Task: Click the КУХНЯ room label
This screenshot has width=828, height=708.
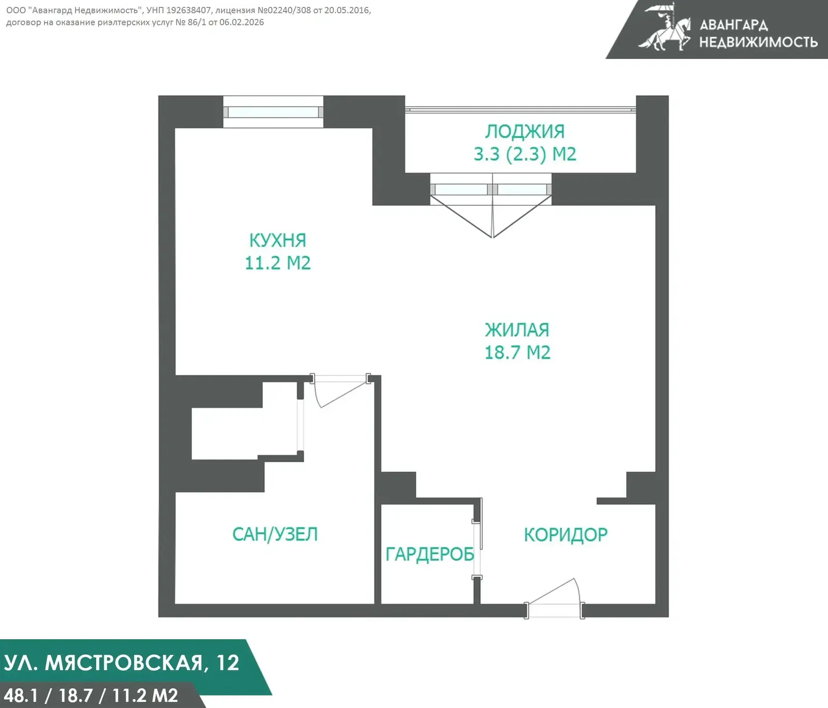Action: (278, 240)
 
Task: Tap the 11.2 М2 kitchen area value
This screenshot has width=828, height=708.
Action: (278, 263)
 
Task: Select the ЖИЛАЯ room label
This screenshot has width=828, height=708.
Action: (517, 330)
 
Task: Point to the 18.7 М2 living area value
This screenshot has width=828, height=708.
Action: (517, 352)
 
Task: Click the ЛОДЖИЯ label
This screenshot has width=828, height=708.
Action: (525, 131)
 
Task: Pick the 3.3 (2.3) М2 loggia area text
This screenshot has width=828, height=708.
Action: (525, 154)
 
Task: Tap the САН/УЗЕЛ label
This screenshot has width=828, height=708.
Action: (275, 534)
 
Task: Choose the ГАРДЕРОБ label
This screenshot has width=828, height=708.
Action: (430, 554)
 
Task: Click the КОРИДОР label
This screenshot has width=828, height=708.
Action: (566, 535)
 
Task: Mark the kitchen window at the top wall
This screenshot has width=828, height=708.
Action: (273, 112)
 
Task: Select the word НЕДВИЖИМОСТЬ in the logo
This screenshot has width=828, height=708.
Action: (758, 42)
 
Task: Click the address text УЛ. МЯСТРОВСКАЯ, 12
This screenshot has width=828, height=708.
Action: (122, 663)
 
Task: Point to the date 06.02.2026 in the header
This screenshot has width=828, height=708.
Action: (242, 22)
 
